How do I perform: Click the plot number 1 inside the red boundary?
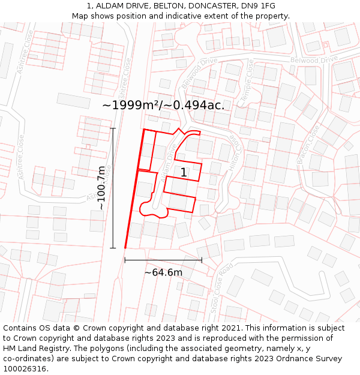click(184, 173)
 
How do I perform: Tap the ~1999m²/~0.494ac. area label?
click(163, 105)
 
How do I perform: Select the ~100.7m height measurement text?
click(102, 188)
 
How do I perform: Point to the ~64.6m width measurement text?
click(163, 272)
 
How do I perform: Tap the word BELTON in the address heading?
click(174, 6)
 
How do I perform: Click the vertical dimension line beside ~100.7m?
click(113, 188)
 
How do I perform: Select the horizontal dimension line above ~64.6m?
click(163, 260)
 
